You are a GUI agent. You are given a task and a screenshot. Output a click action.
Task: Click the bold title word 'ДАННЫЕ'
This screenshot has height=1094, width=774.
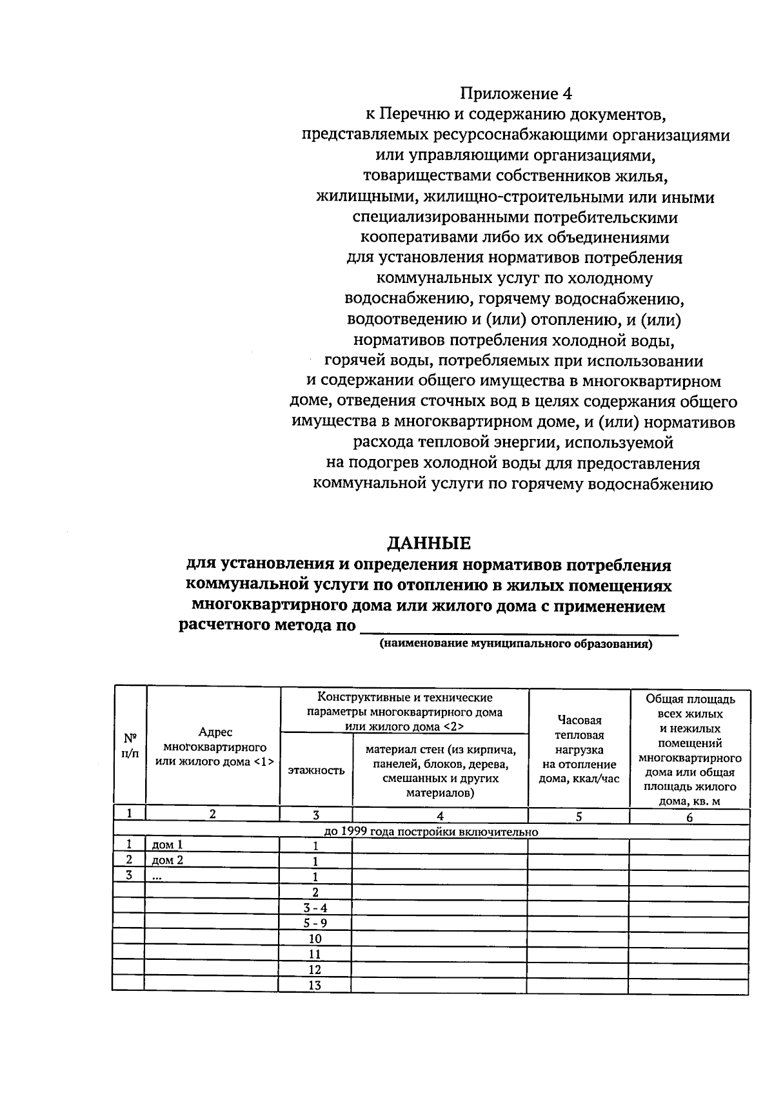click(429, 543)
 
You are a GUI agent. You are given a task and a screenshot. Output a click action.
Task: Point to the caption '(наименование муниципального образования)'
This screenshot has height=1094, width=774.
click(516, 644)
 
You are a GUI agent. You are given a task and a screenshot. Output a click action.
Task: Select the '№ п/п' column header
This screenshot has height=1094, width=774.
click(130, 746)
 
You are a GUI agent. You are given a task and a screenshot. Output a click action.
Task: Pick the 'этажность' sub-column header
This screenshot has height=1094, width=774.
click(316, 770)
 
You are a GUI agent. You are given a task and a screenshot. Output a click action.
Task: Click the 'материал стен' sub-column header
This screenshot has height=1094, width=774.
click(441, 770)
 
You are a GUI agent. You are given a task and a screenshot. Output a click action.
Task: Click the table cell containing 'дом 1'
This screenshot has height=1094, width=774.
click(212, 845)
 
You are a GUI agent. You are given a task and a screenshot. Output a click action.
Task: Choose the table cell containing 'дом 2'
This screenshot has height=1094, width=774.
click(212, 861)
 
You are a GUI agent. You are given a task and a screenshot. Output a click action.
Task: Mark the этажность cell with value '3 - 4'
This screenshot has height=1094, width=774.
click(315, 908)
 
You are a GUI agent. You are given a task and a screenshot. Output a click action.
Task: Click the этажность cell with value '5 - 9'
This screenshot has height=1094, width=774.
click(315, 923)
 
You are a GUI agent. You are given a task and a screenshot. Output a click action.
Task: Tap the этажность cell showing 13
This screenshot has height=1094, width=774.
click(315, 985)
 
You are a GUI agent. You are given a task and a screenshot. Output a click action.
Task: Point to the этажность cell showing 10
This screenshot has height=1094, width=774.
click(315, 939)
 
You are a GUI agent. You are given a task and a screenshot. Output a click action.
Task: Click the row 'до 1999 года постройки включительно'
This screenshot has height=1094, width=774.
click(431, 831)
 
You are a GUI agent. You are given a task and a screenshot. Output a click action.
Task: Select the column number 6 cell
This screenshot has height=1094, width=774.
click(690, 817)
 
